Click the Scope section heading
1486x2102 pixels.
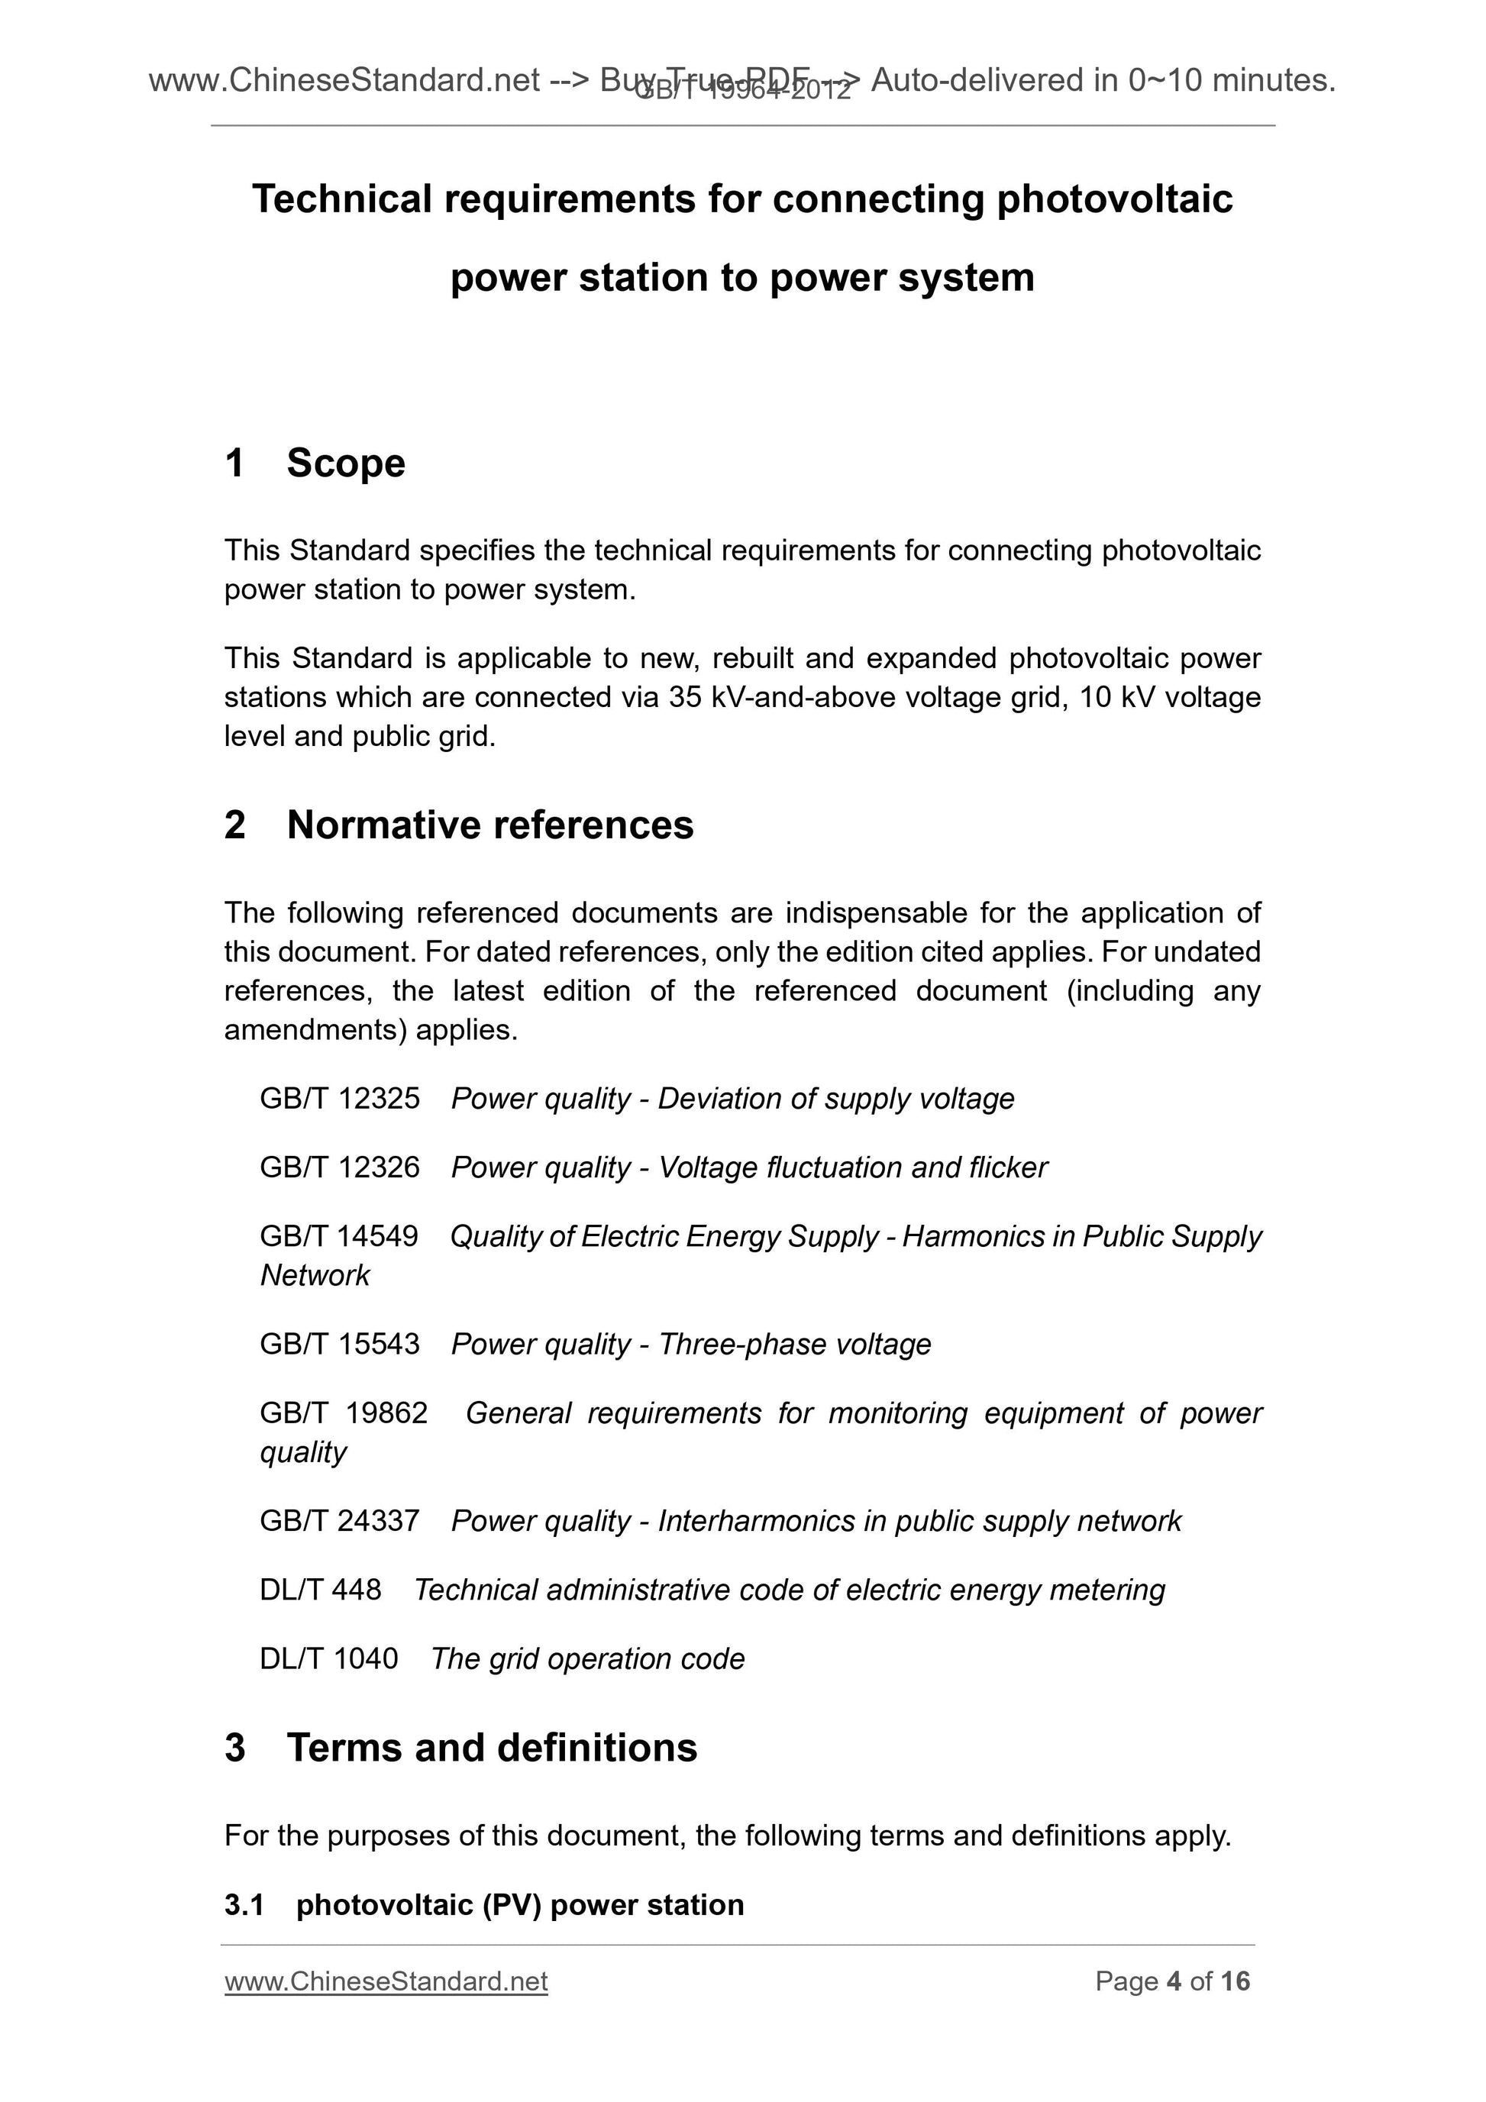point(345,463)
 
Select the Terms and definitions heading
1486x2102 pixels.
point(492,1748)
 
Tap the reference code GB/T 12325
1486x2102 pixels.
point(340,1099)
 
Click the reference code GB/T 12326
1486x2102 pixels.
point(340,1167)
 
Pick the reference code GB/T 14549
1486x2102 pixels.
point(339,1237)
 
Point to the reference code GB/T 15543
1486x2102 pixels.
point(340,1344)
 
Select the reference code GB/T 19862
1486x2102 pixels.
point(344,1413)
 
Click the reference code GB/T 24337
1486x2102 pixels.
point(340,1521)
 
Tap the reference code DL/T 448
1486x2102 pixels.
point(321,1590)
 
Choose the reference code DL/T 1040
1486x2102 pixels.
point(328,1659)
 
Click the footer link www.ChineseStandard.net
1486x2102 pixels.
point(386,1981)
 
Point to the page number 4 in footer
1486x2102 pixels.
point(1174,1981)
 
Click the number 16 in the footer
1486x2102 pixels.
point(1235,1981)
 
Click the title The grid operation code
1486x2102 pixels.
point(588,1659)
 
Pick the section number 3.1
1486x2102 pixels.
point(244,1904)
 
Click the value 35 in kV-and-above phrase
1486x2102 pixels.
point(685,698)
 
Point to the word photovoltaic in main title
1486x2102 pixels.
point(1114,199)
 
